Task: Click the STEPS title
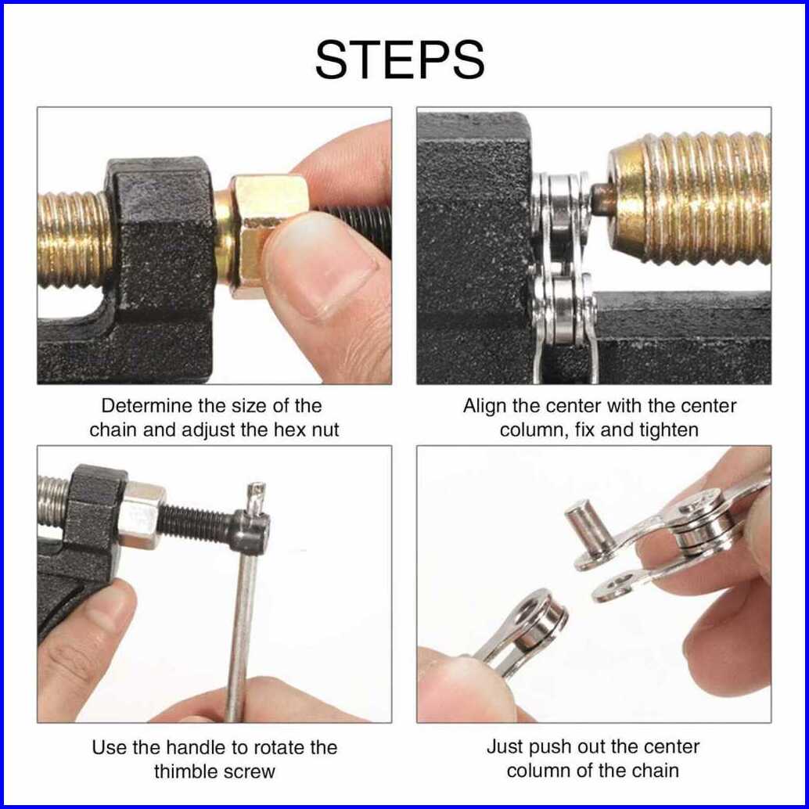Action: pos(400,59)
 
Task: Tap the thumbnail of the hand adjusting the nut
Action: pos(214,246)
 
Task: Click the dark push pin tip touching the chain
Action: pos(602,200)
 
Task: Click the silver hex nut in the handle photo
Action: pos(141,514)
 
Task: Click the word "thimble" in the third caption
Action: pos(189,772)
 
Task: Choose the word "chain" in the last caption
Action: pos(655,771)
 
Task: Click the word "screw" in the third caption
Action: pos(251,772)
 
